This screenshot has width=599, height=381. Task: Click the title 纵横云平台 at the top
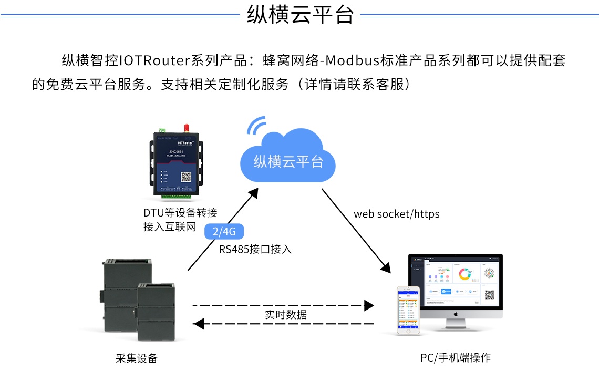pyautogui.click(x=300, y=15)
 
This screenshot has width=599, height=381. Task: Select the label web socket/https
pyautogui.click(x=397, y=214)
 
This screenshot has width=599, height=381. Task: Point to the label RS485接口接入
pyautogui.click(x=255, y=249)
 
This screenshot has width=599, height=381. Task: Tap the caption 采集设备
pyautogui.click(x=137, y=358)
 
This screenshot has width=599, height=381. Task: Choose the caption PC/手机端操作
pyautogui.click(x=456, y=358)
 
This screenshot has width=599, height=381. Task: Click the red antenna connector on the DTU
pyautogui.click(x=185, y=128)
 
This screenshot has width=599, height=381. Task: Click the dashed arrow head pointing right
pyautogui.click(x=369, y=305)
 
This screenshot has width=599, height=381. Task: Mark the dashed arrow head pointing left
pyautogui.click(x=198, y=324)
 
